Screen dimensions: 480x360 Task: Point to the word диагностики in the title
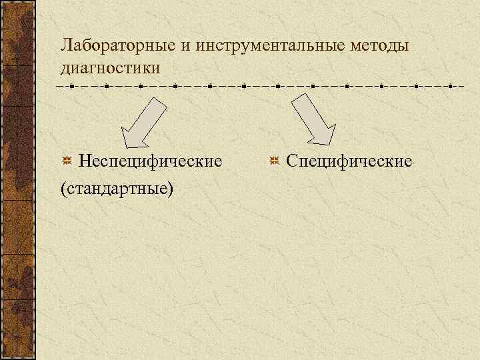(110, 68)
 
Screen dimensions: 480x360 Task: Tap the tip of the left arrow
(125, 146)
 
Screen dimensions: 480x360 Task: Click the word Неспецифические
(151, 161)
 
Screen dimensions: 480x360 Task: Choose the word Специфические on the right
(349, 161)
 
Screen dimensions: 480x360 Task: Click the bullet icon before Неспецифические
(67, 161)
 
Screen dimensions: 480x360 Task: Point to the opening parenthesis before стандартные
(62, 189)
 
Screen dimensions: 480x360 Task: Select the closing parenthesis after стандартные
(171, 189)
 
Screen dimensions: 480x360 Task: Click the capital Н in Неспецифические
(85, 161)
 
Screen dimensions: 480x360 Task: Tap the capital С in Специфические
(291, 161)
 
